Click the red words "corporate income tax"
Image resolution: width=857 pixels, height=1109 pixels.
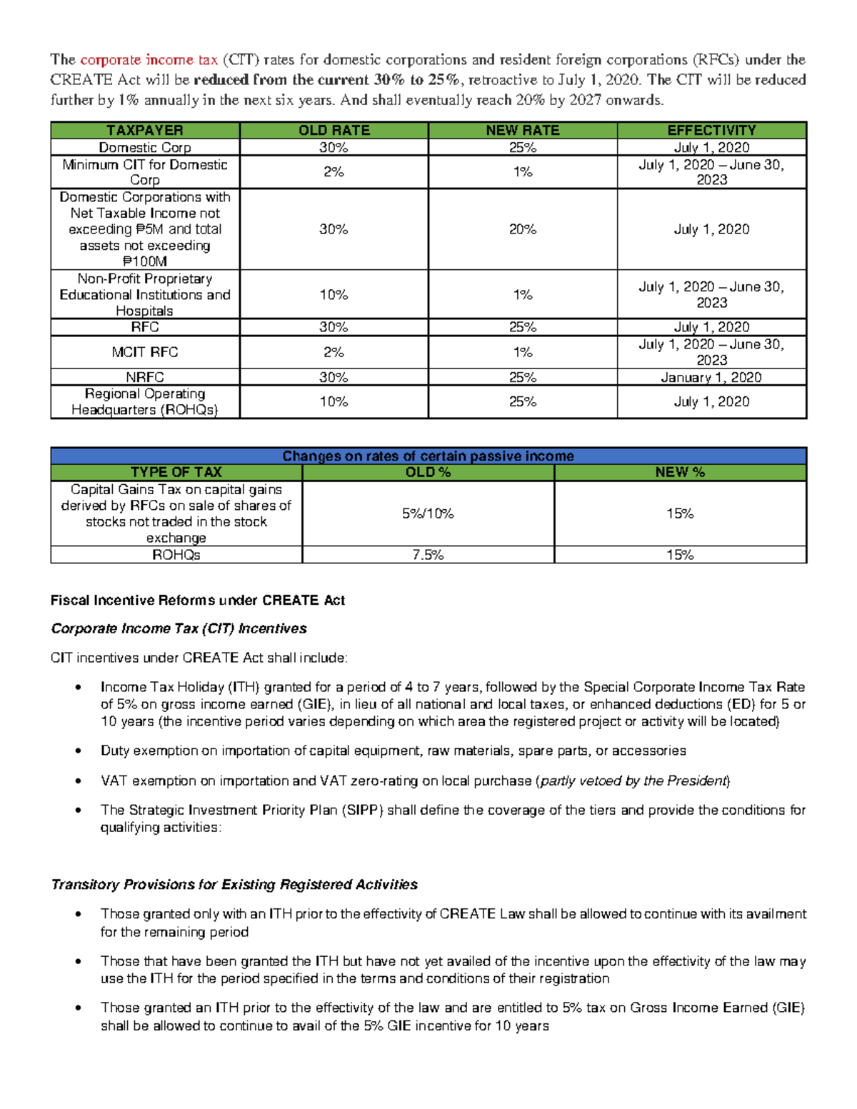click(149, 60)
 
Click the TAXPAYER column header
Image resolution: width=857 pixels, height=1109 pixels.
click(145, 130)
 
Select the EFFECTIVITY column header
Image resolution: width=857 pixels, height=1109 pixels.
click(711, 130)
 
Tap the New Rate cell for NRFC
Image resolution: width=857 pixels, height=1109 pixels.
click(523, 377)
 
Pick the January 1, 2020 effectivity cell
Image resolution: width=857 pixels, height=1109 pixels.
click(711, 377)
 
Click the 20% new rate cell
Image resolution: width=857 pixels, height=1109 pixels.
click(523, 229)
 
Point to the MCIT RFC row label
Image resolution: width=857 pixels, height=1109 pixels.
click(145, 352)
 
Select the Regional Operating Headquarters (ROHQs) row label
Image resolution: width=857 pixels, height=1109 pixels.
click(145, 401)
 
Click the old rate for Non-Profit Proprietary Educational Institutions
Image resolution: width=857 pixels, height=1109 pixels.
click(334, 294)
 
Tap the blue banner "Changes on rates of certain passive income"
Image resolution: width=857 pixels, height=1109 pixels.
click(428, 456)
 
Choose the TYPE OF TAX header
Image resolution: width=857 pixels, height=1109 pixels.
click(176, 472)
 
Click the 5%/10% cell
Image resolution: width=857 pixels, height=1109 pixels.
click(428, 513)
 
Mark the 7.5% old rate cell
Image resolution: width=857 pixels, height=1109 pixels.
click(428, 555)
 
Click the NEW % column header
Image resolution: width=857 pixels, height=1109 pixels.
click(680, 472)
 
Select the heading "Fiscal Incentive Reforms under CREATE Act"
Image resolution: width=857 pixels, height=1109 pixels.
click(198, 601)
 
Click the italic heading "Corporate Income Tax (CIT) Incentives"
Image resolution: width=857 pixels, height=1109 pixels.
click(179, 628)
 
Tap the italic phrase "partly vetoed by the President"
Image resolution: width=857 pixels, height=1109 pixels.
click(633, 781)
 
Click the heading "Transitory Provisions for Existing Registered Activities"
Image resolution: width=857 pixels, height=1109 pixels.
click(234, 885)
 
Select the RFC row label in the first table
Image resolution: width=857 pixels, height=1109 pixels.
click(145, 327)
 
